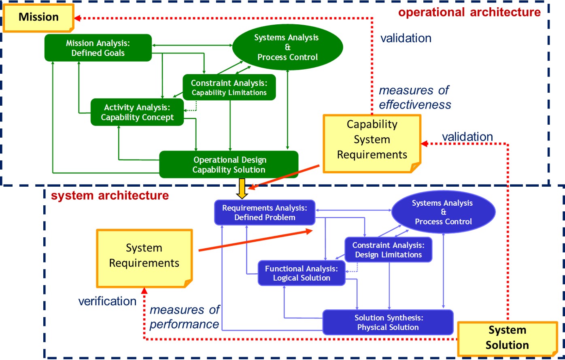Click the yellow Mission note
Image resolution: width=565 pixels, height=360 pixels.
(38, 17)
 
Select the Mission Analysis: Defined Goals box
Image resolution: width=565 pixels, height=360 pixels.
(98, 48)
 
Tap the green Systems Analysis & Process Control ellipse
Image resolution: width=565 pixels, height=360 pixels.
(287, 47)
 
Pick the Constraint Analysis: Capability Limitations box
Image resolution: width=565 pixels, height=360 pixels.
(229, 87)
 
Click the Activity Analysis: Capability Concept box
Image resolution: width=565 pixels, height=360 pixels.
(137, 112)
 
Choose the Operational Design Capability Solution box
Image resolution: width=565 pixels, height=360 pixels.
(229, 165)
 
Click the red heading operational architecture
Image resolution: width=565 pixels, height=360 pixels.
(469, 12)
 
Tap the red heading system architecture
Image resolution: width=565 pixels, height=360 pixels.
(110, 196)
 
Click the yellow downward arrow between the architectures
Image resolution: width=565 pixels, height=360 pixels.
(242, 189)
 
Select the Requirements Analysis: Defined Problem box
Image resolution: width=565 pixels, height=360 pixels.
(265, 213)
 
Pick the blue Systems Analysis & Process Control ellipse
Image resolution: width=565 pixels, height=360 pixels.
(443, 212)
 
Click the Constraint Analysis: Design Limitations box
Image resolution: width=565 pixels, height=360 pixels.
(388, 250)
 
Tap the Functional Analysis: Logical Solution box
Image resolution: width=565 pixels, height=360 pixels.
(302, 273)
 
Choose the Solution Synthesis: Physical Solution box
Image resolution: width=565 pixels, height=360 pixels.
(388, 323)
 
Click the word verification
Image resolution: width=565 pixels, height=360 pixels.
(107, 301)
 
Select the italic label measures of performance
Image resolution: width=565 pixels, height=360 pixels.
(185, 317)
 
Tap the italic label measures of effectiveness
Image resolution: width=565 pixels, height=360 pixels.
(414, 97)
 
